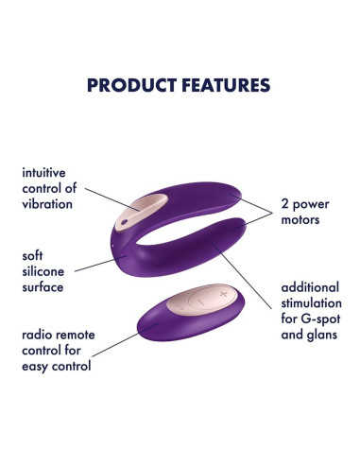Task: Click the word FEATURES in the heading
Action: [x=223, y=85]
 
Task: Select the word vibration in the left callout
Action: [x=50, y=205]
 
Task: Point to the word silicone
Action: [x=49, y=270]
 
